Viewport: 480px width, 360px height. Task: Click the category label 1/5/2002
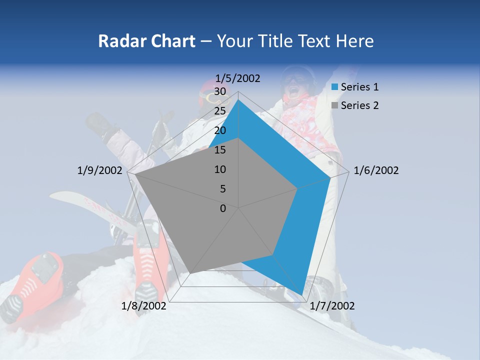coord(238,78)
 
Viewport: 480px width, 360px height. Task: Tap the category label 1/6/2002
coord(376,170)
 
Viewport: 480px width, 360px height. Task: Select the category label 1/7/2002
coord(332,306)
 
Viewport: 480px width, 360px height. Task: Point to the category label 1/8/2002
coord(144,306)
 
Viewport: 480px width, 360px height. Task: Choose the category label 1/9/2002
coord(100,170)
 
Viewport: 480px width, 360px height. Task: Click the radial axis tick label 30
coord(220,91)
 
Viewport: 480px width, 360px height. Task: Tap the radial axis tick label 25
coord(220,111)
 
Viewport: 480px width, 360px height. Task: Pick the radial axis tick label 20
coord(220,130)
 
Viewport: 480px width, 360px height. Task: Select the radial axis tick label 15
coord(220,150)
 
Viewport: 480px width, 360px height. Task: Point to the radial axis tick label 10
coord(220,169)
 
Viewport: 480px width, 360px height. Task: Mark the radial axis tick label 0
coord(223,208)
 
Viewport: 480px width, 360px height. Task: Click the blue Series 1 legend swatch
coord(335,87)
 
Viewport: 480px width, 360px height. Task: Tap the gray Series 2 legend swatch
coord(335,105)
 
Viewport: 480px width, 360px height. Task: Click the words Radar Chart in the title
coord(146,41)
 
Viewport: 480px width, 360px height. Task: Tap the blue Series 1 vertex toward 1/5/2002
coord(238,99)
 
